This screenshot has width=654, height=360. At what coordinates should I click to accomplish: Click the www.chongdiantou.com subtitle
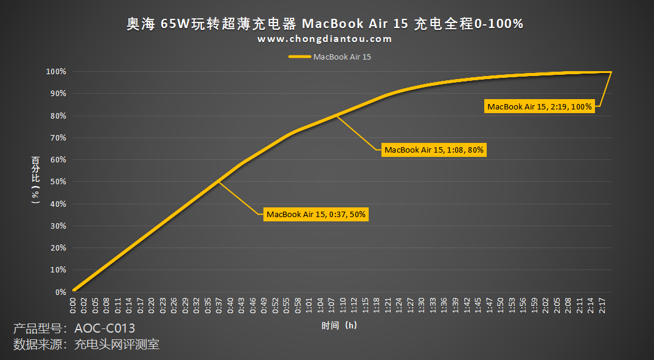coord(325,39)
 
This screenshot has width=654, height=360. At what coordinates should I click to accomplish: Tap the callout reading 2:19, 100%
coord(540,106)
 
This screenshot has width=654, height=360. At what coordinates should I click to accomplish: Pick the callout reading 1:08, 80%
coord(434,150)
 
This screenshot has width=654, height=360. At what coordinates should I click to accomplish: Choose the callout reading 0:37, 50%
coord(316,214)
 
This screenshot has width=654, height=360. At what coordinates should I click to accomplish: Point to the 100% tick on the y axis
coord(57,72)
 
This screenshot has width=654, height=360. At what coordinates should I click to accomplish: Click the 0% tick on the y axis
coord(60,292)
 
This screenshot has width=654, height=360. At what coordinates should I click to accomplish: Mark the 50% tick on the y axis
coord(58,182)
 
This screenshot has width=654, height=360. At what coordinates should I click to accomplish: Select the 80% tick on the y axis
coord(58,116)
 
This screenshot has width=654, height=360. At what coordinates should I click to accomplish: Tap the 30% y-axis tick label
coord(58,226)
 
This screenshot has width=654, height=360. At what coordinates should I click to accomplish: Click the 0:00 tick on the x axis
coord(74,306)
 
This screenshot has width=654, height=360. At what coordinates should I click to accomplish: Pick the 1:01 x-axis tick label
coord(309,306)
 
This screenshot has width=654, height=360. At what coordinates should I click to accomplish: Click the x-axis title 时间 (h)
coord(339,326)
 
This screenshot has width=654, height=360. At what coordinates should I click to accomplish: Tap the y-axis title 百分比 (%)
coord(36,180)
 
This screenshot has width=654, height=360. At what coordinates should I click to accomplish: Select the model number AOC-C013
coord(105,328)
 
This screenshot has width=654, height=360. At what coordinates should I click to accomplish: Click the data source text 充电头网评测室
coord(116,345)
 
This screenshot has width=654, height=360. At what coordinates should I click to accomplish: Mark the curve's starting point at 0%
coord(74,290)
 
